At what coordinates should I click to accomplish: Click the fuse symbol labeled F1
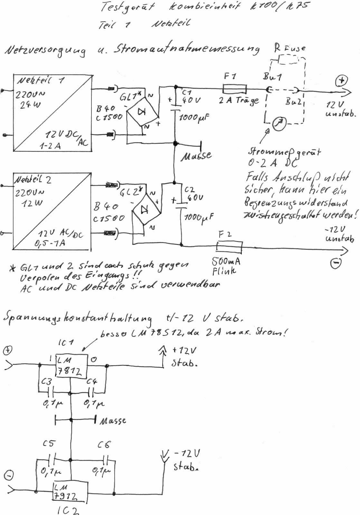point(235,89)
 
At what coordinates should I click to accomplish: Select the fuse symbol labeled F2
point(229,247)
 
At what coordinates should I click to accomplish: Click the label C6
point(104,445)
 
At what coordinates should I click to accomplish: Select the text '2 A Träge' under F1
point(239,100)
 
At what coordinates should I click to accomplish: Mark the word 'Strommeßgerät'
point(284,152)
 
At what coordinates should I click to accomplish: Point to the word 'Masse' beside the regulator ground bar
point(112,421)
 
